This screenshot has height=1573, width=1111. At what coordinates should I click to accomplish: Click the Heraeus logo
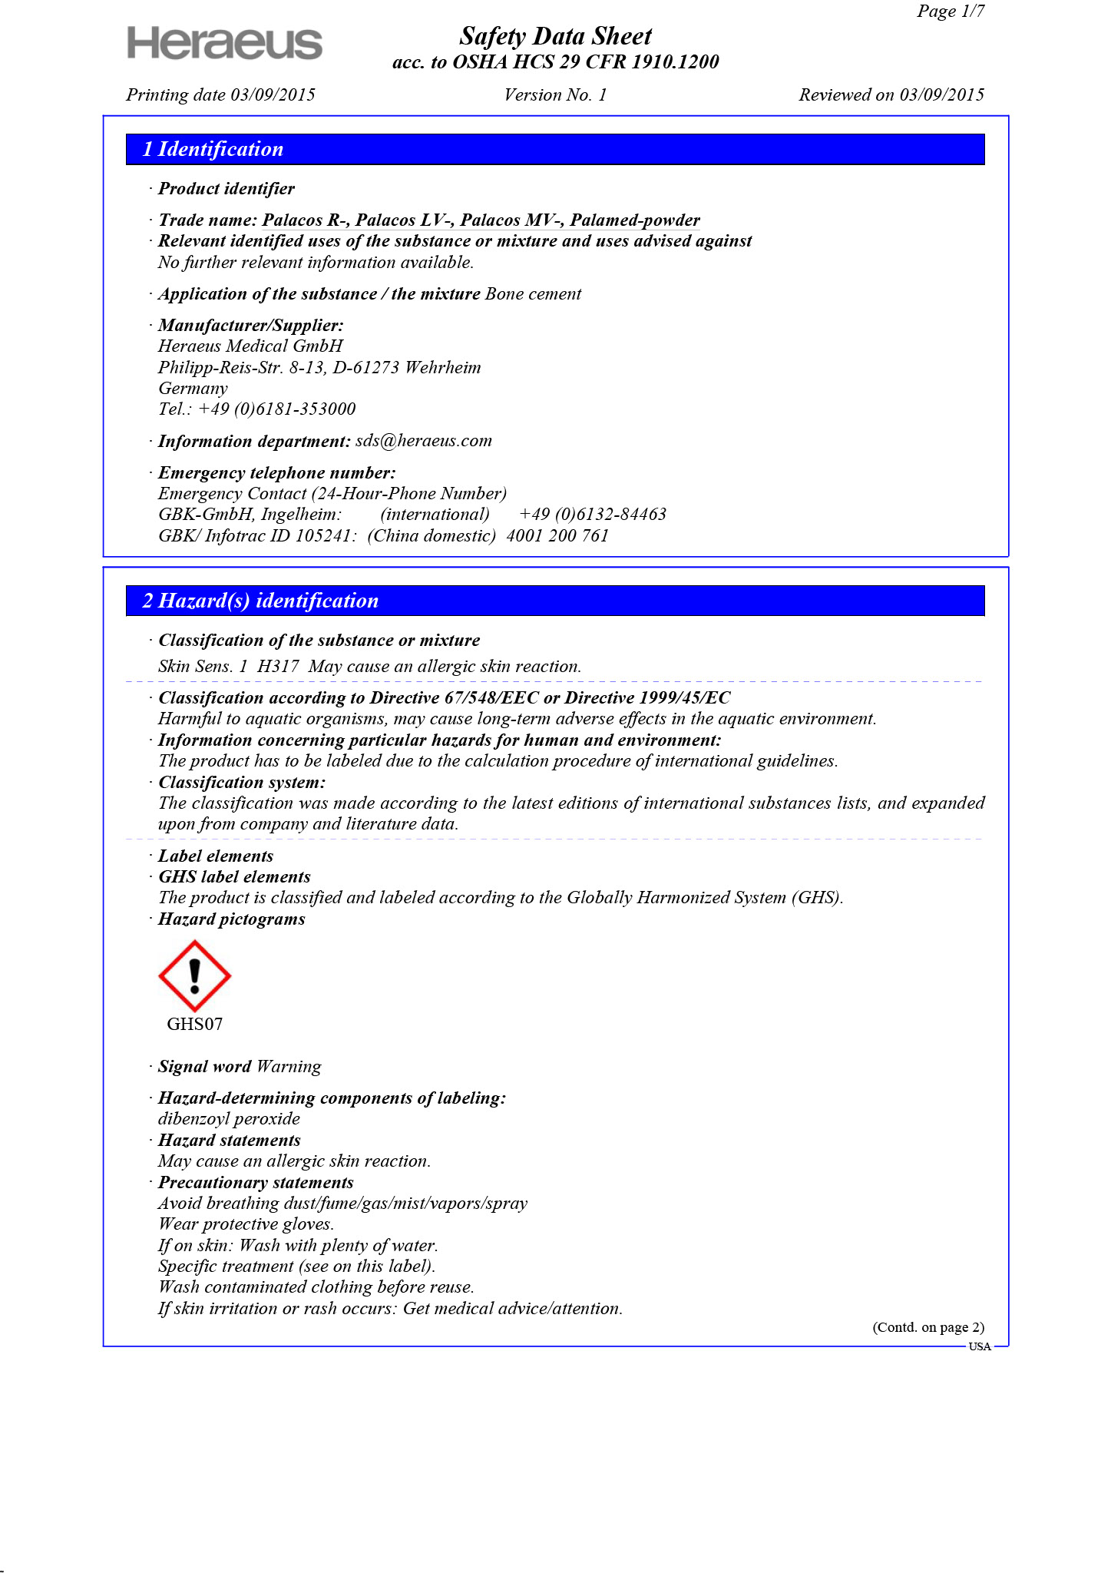pyautogui.click(x=224, y=43)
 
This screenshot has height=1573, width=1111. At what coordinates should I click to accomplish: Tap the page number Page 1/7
pyautogui.click(x=950, y=12)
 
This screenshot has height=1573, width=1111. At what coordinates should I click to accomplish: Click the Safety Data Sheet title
pyautogui.click(x=555, y=36)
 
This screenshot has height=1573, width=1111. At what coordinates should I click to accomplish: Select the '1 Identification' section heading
pyautogui.click(x=213, y=149)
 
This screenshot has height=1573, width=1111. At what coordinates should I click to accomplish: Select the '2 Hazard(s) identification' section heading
pyautogui.click(x=260, y=601)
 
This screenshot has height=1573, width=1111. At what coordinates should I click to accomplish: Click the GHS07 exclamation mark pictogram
pyautogui.click(x=195, y=975)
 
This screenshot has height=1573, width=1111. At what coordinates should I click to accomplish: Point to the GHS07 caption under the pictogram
pyautogui.click(x=195, y=1024)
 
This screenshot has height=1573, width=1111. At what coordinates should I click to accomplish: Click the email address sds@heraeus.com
pyautogui.click(x=423, y=441)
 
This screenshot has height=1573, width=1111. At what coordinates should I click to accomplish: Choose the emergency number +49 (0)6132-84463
pyautogui.click(x=592, y=514)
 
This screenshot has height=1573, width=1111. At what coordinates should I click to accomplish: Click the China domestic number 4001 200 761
pyautogui.click(x=557, y=535)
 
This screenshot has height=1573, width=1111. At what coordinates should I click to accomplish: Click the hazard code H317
pyautogui.click(x=278, y=666)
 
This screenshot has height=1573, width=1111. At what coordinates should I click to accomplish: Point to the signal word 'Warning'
pyautogui.click(x=289, y=1066)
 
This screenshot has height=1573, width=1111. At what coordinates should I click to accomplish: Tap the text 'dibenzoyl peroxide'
pyautogui.click(x=229, y=1118)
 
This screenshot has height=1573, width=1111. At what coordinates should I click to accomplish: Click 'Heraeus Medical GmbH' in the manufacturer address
pyautogui.click(x=250, y=346)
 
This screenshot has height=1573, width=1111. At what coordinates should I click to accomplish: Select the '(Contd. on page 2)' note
pyautogui.click(x=927, y=1327)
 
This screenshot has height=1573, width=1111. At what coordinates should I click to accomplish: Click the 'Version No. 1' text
pyautogui.click(x=555, y=95)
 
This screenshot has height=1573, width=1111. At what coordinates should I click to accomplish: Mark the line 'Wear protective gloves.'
pyautogui.click(x=246, y=1224)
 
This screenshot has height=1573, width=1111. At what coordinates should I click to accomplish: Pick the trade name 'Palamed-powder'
pyautogui.click(x=634, y=220)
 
